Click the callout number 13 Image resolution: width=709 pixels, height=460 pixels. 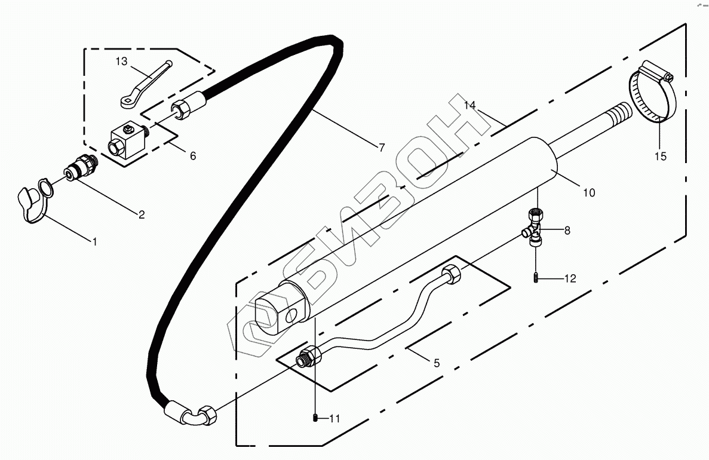click(x=121, y=61)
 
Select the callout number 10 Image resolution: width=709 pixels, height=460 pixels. click(x=589, y=192)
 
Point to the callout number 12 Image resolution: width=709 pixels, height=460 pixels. click(x=570, y=278)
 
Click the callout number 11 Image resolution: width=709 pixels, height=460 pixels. click(x=334, y=419)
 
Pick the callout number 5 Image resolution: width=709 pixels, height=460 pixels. click(x=436, y=363)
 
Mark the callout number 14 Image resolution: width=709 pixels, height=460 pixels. click(x=471, y=106)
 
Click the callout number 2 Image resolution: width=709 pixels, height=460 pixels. click(x=142, y=214)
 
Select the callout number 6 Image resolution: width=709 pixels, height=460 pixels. click(x=192, y=156)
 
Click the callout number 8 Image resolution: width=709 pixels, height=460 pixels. click(x=567, y=229)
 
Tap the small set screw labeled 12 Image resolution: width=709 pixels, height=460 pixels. click(x=536, y=278)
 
